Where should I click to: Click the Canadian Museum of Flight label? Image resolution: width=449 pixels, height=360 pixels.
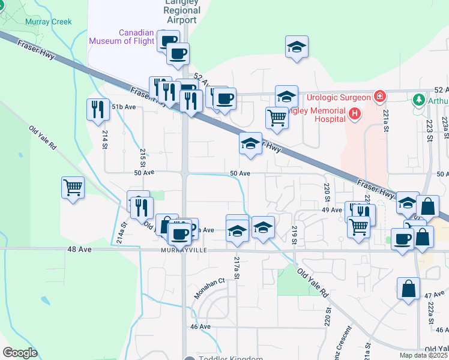click(x=124, y=37)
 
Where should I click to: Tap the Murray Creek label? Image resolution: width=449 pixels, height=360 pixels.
click(x=48, y=22)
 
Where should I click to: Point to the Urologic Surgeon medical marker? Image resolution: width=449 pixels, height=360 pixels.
click(x=379, y=96)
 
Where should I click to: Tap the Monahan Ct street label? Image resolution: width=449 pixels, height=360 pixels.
click(x=209, y=288)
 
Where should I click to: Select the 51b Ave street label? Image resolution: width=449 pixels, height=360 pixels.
click(x=123, y=107)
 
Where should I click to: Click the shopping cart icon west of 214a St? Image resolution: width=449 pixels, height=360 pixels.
click(x=72, y=188)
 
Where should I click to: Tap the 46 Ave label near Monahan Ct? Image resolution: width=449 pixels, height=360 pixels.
click(x=200, y=326)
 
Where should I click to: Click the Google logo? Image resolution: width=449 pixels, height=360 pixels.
click(x=20, y=353)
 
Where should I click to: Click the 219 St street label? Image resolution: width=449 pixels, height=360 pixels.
click(x=294, y=235)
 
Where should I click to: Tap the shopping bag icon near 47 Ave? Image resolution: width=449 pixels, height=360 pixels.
click(x=408, y=288)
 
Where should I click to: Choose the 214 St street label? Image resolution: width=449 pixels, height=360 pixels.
click(x=105, y=139)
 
